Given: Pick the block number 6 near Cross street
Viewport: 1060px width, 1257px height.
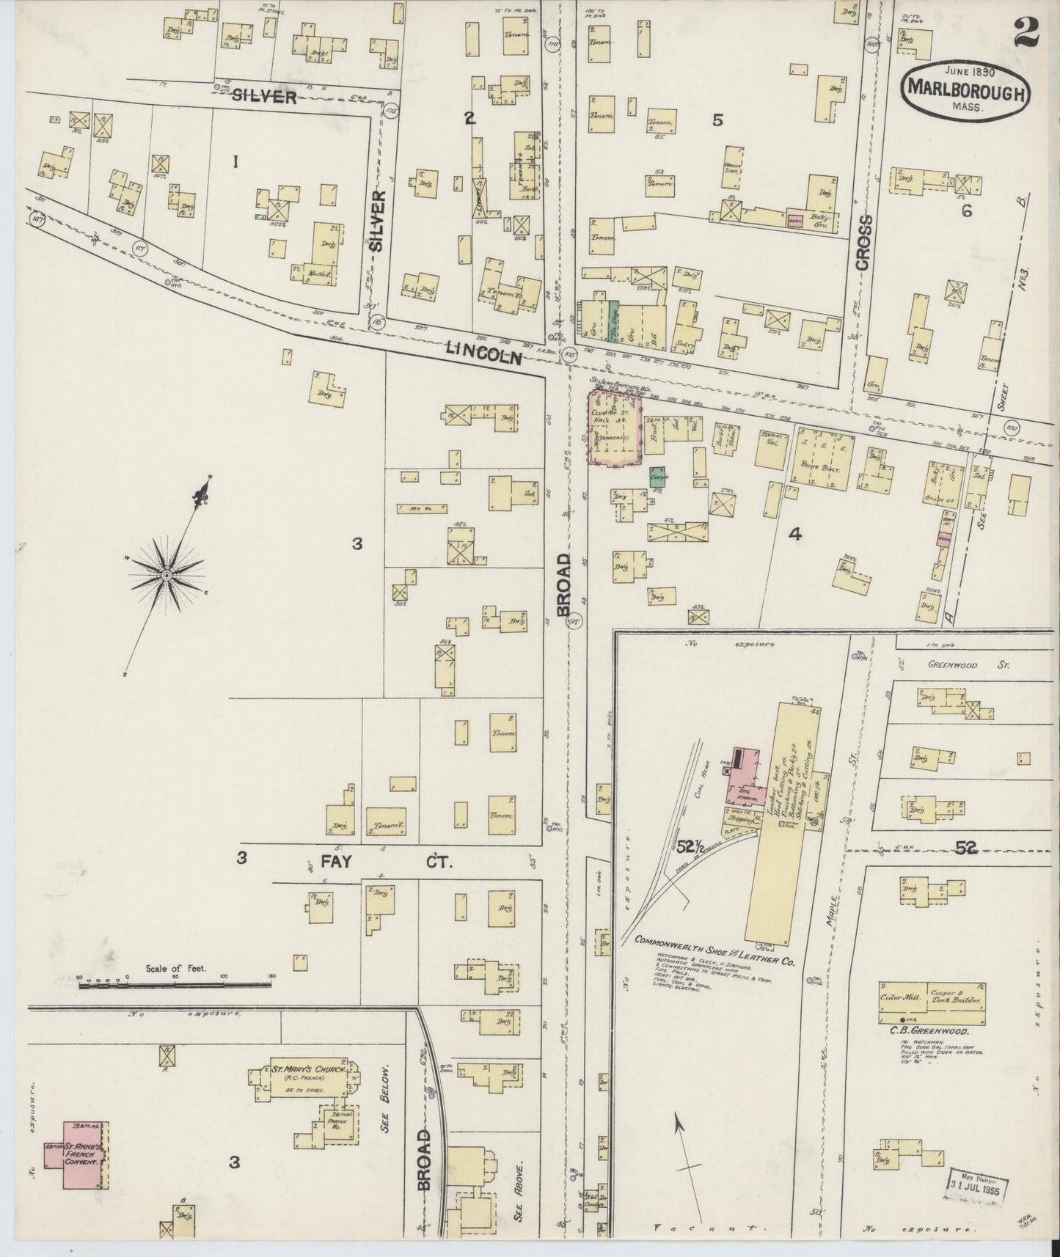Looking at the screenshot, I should pyautogui.click(x=967, y=210).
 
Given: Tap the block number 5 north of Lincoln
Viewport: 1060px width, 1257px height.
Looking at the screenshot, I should pyautogui.click(x=718, y=121).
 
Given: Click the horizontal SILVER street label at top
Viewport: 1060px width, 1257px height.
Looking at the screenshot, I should pyautogui.click(x=265, y=97).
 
